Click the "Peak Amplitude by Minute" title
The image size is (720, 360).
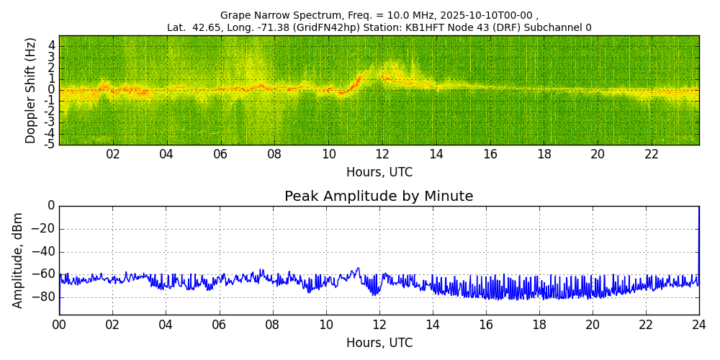click(x=379, y=197)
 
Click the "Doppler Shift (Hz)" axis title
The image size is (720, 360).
click(x=30, y=90)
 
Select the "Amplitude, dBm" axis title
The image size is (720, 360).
click(x=18, y=260)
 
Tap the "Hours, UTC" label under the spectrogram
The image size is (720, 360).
click(x=379, y=173)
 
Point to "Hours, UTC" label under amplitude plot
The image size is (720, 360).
click(x=379, y=343)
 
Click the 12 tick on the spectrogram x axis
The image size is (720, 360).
click(x=382, y=154)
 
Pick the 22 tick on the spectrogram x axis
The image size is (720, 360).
click(x=652, y=154)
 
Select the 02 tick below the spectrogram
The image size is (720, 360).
click(x=113, y=154)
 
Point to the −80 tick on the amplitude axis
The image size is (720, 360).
click(x=45, y=297)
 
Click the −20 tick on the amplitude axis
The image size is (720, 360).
click(x=45, y=229)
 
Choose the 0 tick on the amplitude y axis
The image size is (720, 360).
click(x=51, y=206)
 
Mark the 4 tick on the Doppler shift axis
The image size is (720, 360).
click(x=52, y=45)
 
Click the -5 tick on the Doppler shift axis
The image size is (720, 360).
click(x=50, y=144)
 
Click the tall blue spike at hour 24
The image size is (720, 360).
click(x=698, y=238)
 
